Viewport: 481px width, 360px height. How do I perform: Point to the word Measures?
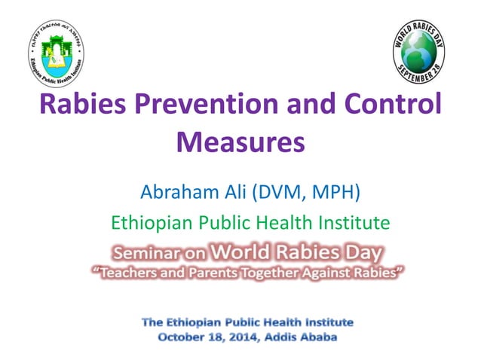point(240,142)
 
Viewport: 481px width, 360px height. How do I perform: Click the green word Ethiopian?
point(149,223)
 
